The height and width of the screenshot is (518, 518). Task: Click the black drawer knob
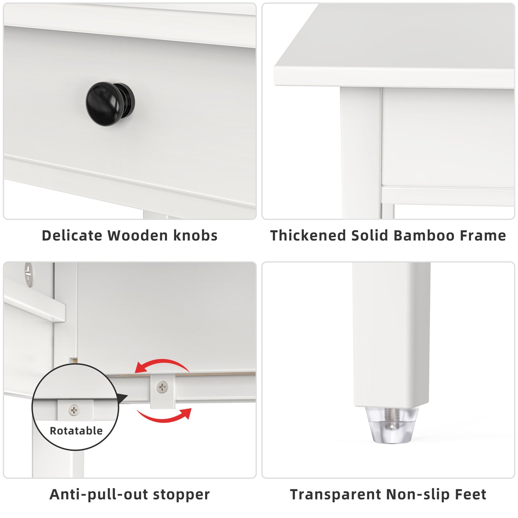tap(110, 103)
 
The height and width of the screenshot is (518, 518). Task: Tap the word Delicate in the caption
tap(72, 236)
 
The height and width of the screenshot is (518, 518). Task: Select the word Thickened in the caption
tap(308, 236)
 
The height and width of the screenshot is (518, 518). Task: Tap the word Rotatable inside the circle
tap(76, 431)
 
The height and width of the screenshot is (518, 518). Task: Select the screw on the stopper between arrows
tap(162, 387)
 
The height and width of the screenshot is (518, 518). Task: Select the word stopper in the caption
tap(181, 494)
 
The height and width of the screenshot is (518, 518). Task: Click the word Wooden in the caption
tap(137, 236)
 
